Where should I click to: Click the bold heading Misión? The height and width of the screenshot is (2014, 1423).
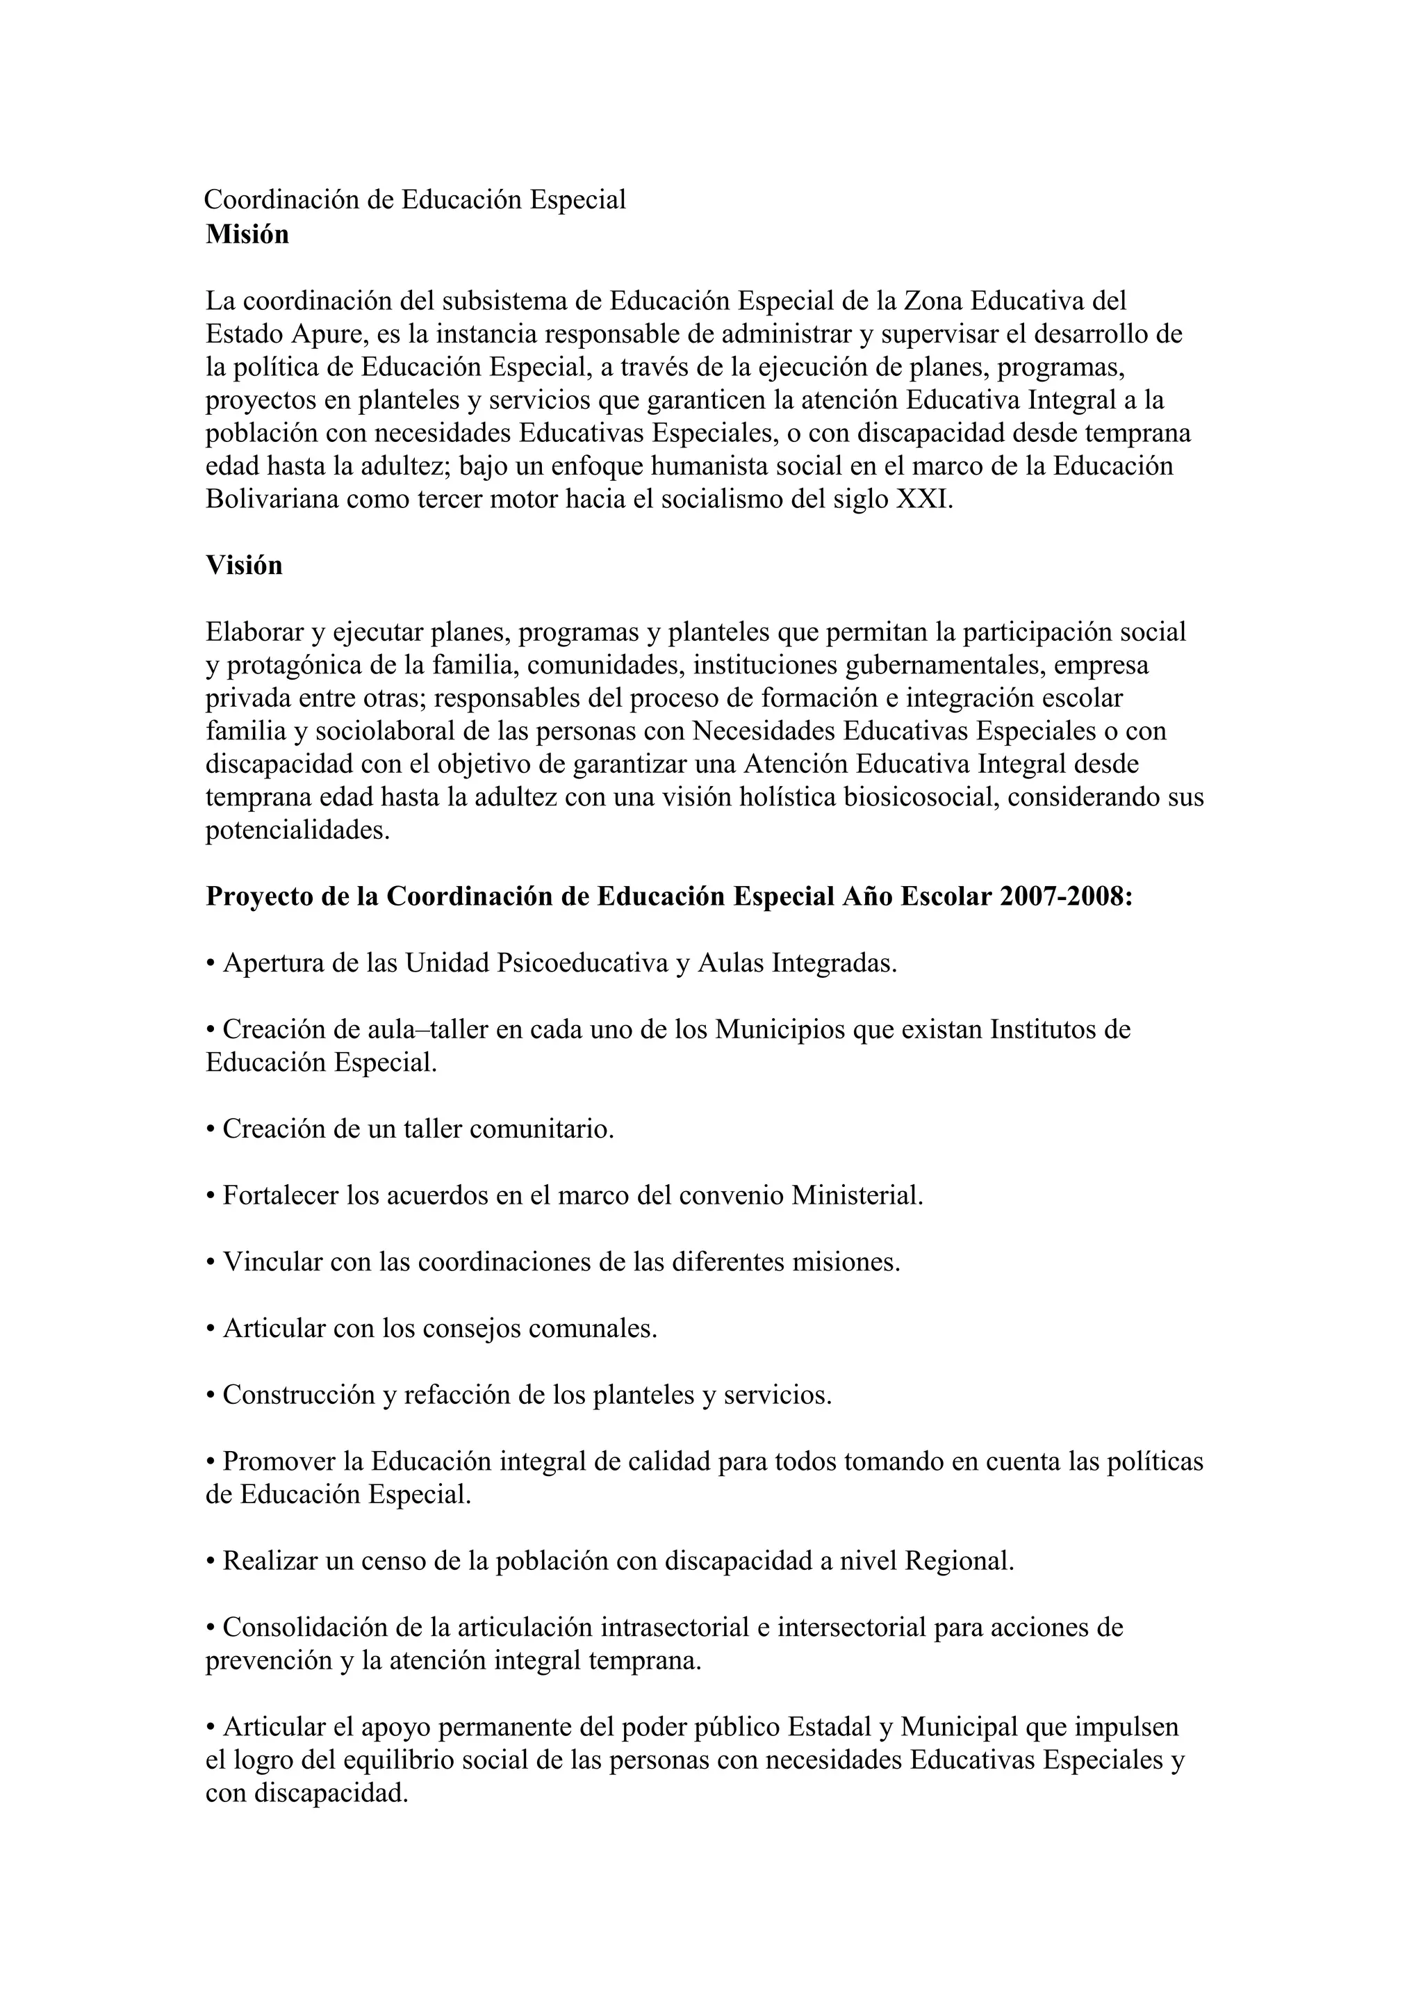[247, 235]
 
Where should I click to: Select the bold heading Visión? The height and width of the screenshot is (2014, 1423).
[244, 566]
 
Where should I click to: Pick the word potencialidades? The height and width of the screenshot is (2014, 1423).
[297, 830]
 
